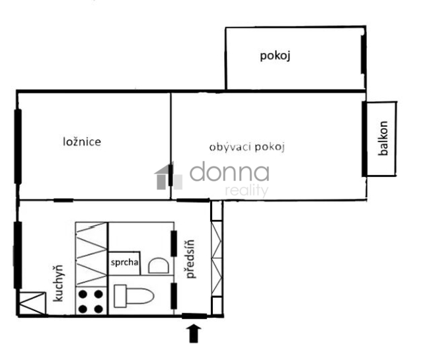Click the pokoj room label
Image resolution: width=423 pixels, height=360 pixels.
click(x=275, y=56)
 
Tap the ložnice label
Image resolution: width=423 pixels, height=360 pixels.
click(x=82, y=141)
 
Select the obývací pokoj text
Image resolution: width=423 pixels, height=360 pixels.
click(x=247, y=147)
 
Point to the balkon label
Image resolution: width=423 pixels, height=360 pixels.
click(x=383, y=138)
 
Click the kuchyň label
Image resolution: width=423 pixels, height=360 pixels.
click(x=58, y=283)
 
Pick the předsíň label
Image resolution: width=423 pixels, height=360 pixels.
click(x=190, y=259)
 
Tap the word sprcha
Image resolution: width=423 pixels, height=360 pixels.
click(x=124, y=262)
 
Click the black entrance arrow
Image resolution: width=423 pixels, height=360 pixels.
click(x=194, y=334)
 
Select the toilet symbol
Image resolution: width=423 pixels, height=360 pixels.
click(x=134, y=296)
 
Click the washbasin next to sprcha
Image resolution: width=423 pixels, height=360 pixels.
click(x=159, y=266)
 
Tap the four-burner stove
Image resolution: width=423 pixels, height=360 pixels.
click(x=91, y=301)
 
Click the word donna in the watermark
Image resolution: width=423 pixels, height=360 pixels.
click(x=229, y=172)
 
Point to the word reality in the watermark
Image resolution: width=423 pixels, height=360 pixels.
click(x=247, y=190)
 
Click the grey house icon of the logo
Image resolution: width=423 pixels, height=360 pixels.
click(x=169, y=176)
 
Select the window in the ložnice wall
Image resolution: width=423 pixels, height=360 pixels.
click(x=18, y=147)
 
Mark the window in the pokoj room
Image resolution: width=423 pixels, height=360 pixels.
click(x=364, y=54)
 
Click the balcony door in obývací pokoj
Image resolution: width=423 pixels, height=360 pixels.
click(x=364, y=139)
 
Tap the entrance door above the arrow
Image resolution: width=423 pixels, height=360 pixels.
click(x=194, y=316)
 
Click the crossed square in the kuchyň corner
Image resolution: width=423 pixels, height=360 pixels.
click(x=32, y=303)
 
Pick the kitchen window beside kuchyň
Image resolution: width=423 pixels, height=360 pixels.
click(x=18, y=255)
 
